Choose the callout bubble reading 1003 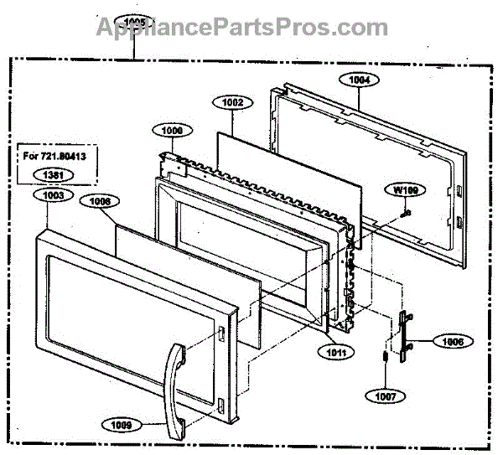[52, 195]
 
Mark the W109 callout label [406, 190]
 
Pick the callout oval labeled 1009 [121, 424]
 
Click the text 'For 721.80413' [56, 156]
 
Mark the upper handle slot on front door [220, 335]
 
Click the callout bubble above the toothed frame [172, 131]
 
